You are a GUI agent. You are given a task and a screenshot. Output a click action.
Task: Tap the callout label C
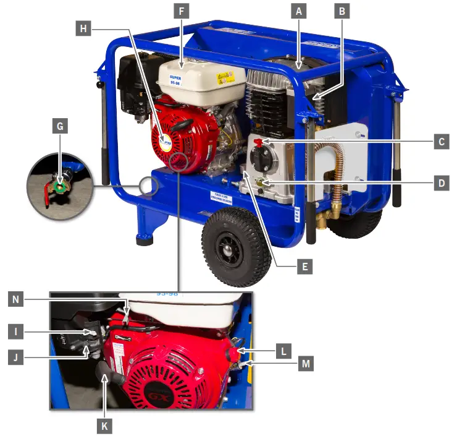441,142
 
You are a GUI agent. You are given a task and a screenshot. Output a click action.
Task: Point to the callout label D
441,184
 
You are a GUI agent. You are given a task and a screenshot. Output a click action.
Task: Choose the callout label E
303,267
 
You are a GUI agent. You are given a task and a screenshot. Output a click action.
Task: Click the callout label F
181,11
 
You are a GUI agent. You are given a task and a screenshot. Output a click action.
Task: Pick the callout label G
60,127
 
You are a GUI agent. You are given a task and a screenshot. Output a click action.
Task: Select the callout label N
19,300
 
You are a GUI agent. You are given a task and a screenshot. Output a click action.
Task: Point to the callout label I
19,332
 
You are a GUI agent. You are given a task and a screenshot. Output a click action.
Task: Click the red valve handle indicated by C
258,143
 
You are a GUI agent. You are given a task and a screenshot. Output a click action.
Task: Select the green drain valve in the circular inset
59,184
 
